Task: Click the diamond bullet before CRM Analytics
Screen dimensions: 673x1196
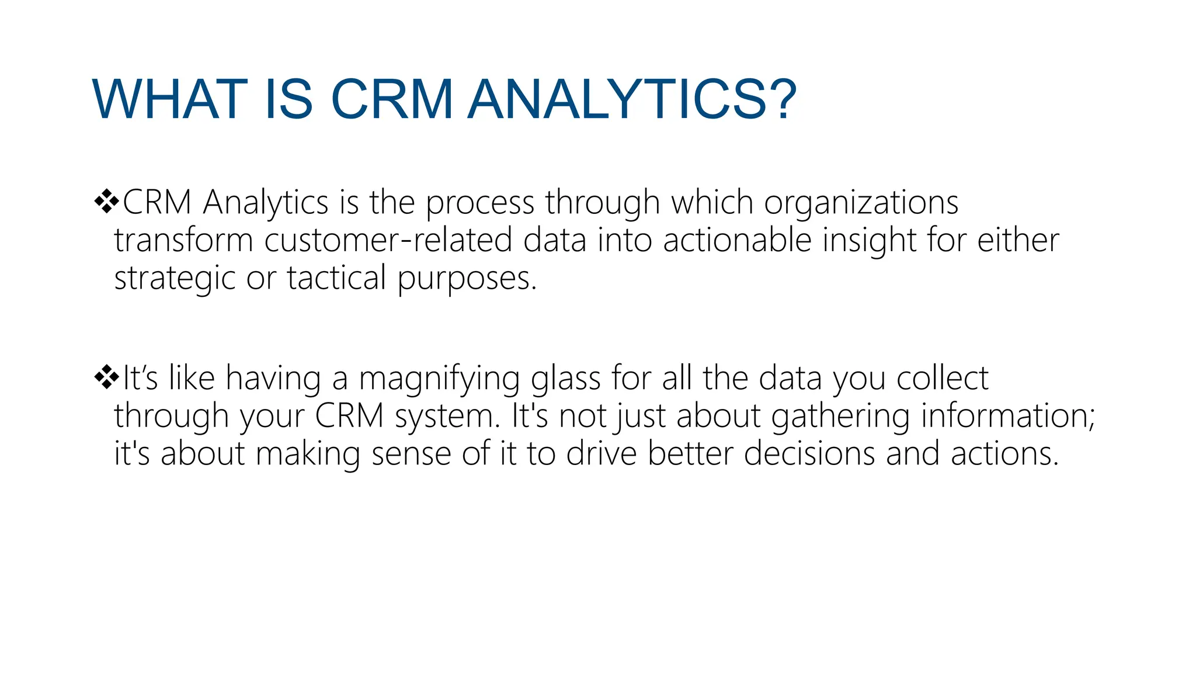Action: click(106, 202)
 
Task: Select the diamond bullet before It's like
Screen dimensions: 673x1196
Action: click(106, 377)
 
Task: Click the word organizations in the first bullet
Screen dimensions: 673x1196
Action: click(861, 203)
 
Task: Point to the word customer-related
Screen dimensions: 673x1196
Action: click(388, 240)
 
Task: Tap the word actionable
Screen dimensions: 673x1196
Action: click(737, 240)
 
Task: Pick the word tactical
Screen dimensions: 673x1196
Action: click(336, 278)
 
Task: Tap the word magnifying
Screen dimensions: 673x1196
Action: click(439, 379)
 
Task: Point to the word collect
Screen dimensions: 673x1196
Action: click(942, 379)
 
